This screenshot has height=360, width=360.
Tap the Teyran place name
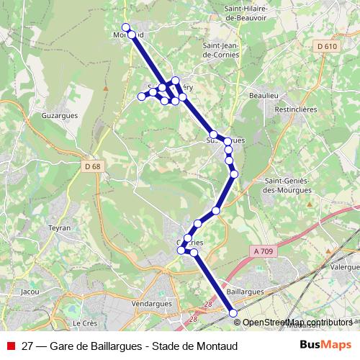59,228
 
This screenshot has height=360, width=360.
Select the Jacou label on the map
30,292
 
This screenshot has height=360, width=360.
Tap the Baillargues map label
245,292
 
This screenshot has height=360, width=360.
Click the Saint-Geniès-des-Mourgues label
288,185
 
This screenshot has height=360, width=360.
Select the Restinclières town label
298,111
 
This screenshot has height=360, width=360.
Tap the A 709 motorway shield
265,251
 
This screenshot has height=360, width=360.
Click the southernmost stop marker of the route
233,312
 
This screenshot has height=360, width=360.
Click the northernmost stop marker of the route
126,27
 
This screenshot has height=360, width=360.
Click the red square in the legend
11,345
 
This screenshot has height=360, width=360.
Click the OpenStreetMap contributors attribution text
298,322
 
